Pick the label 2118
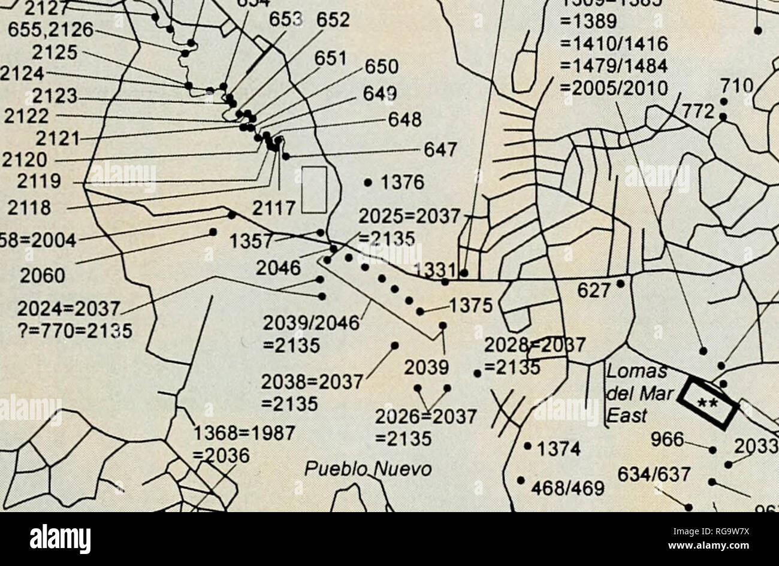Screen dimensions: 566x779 tap(28, 208)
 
